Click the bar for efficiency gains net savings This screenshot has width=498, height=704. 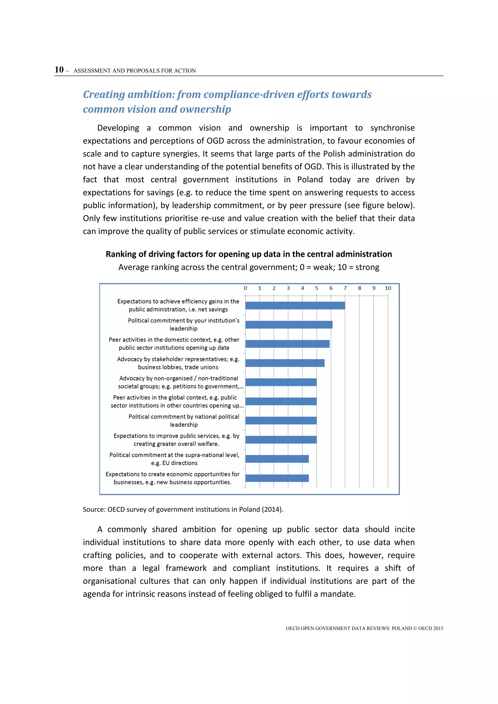(x=295, y=305)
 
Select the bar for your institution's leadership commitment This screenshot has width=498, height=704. (x=289, y=325)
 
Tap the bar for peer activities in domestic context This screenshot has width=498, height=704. (x=287, y=344)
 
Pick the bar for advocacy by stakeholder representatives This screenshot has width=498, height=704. (x=285, y=363)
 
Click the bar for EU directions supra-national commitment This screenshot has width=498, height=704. (x=277, y=459)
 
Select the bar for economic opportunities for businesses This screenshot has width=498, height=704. (x=277, y=478)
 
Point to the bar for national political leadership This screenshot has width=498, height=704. (x=281, y=420)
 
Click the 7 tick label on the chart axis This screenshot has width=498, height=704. (x=345, y=288)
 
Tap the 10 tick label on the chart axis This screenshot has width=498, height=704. (x=388, y=288)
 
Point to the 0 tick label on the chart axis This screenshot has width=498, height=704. (x=245, y=288)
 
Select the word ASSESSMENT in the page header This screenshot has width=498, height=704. (x=92, y=71)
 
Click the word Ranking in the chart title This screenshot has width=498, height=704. (x=121, y=254)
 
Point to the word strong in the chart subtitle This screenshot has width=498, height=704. (x=367, y=267)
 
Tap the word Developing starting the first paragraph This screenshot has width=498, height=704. (x=118, y=128)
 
